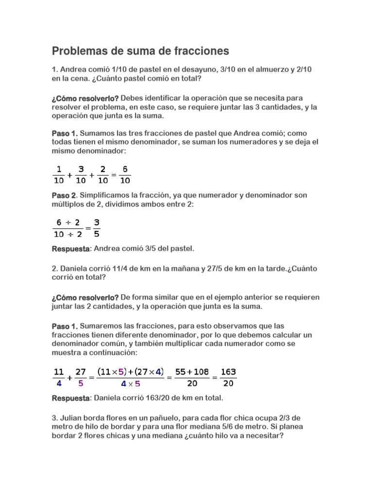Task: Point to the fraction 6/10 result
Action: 125,175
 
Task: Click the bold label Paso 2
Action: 64,196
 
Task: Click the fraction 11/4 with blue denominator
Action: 58,377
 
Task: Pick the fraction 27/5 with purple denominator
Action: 81,377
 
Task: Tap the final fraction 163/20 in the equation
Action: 228,377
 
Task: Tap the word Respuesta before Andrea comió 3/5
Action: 70,249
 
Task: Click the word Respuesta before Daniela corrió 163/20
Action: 70,398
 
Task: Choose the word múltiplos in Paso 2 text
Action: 68,205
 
